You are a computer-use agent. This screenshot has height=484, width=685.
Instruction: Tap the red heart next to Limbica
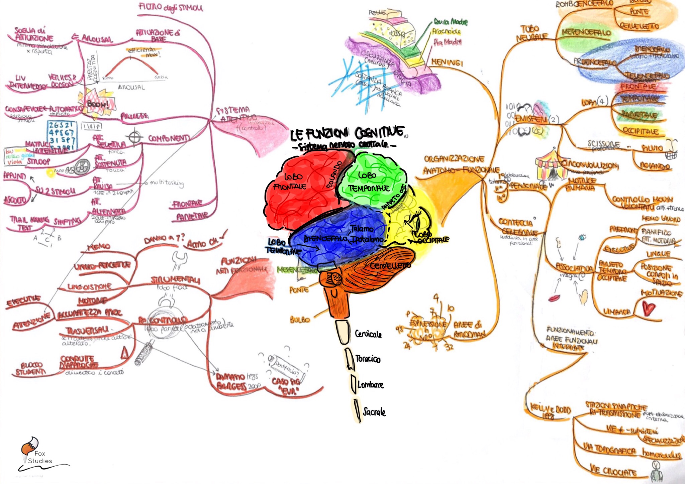click(x=648, y=308)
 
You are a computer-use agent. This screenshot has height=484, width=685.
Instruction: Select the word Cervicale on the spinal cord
click(x=368, y=334)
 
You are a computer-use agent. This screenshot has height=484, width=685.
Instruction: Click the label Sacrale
click(x=374, y=412)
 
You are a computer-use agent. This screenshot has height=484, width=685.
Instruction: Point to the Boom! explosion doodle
click(x=97, y=102)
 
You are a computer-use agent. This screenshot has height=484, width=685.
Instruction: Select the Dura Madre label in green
click(x=451, y=22)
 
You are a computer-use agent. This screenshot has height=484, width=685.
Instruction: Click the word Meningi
click(x=447, y=62)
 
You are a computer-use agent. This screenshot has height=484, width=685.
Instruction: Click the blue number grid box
click(x=62, y=135)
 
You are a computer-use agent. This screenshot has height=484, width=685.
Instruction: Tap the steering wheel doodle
click(x=82, y=167)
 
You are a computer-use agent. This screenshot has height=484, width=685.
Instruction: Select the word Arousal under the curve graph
click(x=131, y=88)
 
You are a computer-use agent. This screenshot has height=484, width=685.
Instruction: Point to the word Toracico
click(x=368, y=359)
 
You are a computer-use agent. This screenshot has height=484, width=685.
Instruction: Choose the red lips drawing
click(x=554, y=297)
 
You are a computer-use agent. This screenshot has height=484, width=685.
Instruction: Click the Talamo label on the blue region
click(x=362, y=229)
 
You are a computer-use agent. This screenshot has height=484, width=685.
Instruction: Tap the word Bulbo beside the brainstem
click(x=300, y=320)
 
